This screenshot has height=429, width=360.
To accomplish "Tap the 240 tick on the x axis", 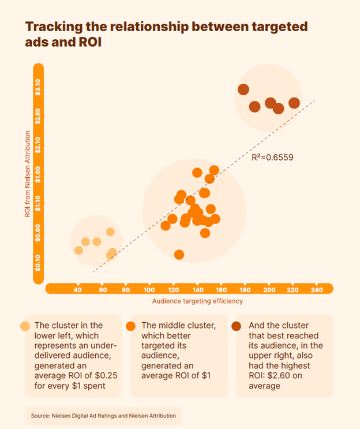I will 316,289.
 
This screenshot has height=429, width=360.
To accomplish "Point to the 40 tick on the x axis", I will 78,289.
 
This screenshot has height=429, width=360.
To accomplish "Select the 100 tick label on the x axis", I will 149,289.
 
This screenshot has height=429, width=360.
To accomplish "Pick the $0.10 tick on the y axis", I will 38,263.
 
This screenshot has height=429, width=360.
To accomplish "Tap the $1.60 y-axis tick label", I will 38,176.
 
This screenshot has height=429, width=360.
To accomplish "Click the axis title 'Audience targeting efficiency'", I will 197,301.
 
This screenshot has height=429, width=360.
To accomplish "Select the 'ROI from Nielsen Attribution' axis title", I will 27,173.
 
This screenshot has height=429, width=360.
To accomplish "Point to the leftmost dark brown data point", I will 243,89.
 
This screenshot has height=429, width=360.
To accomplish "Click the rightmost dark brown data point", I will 294,103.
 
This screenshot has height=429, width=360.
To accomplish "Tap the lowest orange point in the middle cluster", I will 179,255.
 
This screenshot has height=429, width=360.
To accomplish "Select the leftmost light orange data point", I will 79,250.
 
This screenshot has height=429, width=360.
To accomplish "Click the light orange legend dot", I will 25,325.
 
